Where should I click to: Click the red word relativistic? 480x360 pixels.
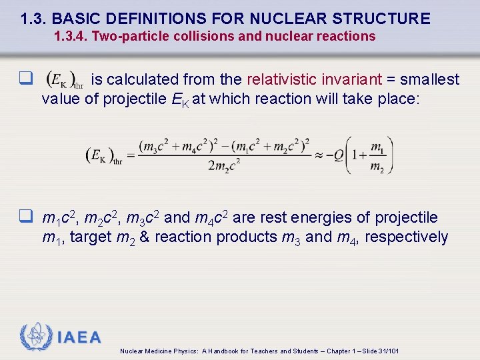pyautogui.click(x=283, y=80)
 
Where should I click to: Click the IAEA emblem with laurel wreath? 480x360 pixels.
pyautogui.click(x=35, y=337)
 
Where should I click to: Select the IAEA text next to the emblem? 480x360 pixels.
pyautogui.click(x=79, y=337)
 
